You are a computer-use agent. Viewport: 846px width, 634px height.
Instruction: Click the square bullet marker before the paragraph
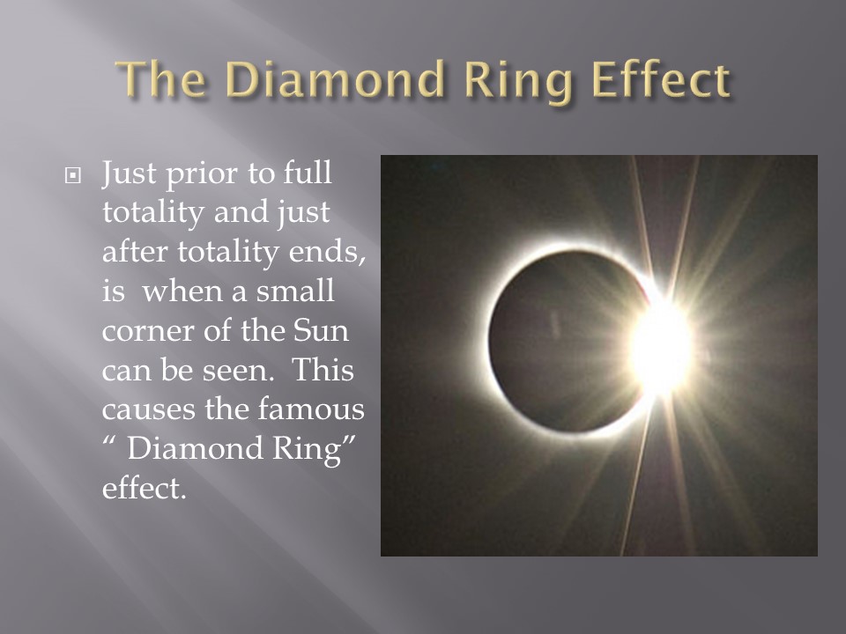(72, 176)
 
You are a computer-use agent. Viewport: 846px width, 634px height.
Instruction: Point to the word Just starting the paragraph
(130, 173)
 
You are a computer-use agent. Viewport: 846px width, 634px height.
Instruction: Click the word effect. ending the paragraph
(144, 488)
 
